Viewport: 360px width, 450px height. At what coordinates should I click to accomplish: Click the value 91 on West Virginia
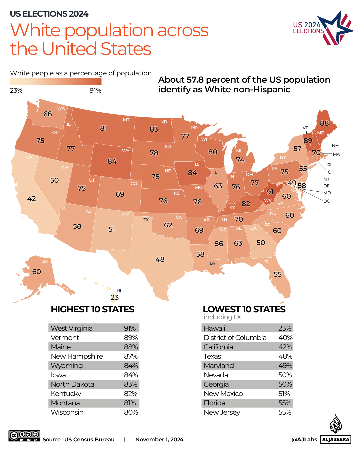(x=270, y=192)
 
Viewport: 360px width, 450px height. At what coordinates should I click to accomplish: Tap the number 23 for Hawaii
(x=115, y=297)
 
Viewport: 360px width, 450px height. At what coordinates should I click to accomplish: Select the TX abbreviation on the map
(x=146, y=220)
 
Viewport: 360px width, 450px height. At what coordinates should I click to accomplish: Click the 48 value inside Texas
(x=160, y=259)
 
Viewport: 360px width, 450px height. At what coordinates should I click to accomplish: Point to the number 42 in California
(x=31, y=199)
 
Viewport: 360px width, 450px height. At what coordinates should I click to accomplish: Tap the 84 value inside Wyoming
(x=112, y=161)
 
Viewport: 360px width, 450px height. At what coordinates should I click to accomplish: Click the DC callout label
(x=326, y=201)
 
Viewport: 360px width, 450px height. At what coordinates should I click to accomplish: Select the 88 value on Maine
(x=324, y=123)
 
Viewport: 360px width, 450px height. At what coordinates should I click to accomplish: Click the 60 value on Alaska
(x=37, y=272)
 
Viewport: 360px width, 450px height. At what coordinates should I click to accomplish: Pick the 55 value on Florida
(x=277, y=274)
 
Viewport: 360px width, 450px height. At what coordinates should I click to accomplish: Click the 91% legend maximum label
(x=95, y=91)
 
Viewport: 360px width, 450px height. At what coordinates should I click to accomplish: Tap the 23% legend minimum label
(x=16, y=91)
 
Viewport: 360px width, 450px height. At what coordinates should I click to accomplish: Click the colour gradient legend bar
(x=56, y=82)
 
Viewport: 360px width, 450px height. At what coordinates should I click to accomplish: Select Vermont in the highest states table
(x=65, y=338)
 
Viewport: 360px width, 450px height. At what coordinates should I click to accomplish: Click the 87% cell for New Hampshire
(x=131, y=356)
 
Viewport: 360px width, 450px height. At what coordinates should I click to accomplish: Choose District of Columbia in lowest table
(x=235, y=338)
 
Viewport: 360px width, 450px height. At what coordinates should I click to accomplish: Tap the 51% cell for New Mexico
(x=284, y=394)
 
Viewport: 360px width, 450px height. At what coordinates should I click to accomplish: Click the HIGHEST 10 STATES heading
(x=92, y=309)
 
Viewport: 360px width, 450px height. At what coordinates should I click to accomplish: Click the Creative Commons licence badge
(x=24, y=436)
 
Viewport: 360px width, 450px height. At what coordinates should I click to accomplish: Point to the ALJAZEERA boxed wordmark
(x=336, y=439)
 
